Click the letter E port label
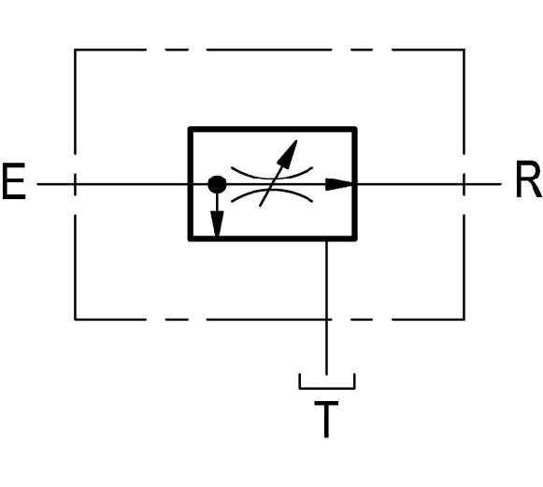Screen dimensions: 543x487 tap(14, 181)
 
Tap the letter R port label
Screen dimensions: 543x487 tap(528, 179)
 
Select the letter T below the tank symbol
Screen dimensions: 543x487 tap(326, 419)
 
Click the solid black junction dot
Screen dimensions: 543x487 tap(217, 185)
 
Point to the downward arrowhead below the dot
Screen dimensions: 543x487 tap(217, 223)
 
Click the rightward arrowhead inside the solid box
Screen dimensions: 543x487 tap(339, 184)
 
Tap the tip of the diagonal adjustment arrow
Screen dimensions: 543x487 tap(297, 140)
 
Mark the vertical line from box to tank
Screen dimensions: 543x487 tap(326, 308)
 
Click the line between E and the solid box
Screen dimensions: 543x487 tap(113, 184)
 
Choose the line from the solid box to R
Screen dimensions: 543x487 tap(429, 184)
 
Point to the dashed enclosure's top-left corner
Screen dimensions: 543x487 tap(75, 50)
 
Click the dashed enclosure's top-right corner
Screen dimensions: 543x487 tap(464, 50)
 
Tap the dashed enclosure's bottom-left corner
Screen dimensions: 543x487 tap(75, 319)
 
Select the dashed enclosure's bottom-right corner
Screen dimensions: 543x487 tap(464, 319)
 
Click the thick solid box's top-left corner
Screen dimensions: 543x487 tap(190, 129)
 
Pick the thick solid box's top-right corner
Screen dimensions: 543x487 tap(355, 129)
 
